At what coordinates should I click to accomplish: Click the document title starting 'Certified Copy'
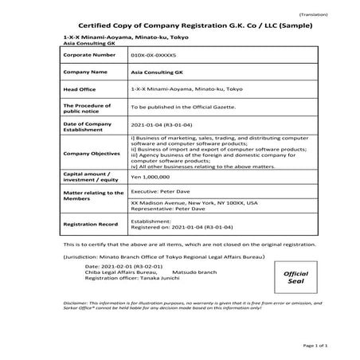179,26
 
